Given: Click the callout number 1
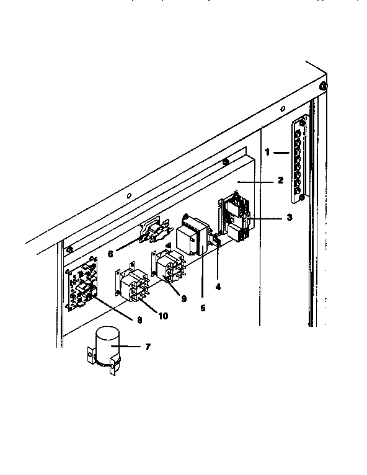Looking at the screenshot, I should coord(267,151).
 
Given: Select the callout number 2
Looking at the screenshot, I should coord(280,180).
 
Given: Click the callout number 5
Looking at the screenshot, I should coord(203,306).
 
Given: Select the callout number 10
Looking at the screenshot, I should coord(162,316).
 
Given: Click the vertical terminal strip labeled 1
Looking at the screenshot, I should coord(299,160).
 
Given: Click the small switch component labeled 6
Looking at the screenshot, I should coord(153,235).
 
